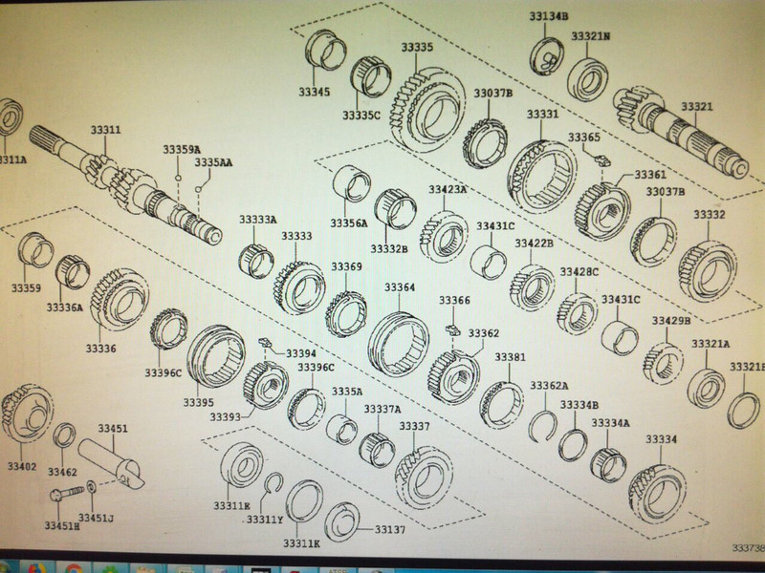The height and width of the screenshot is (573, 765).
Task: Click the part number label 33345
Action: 314,93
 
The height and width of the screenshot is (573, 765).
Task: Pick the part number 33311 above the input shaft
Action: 106,130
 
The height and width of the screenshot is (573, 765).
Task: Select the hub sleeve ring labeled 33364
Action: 399,339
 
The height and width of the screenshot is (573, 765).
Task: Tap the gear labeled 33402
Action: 21,415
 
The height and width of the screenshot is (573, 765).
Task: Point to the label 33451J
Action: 97,519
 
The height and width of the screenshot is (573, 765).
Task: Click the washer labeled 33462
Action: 63,437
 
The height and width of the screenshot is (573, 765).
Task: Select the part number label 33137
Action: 390,529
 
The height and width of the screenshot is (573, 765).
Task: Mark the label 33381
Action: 510,357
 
